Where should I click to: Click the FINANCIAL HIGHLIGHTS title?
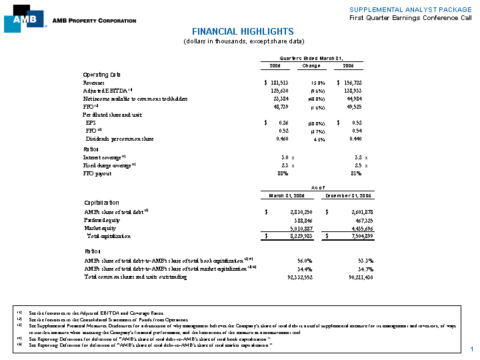point(243,31)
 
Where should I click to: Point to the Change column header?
point(311,66)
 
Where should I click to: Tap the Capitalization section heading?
point(102,202)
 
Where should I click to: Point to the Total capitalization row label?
point(109,236)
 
